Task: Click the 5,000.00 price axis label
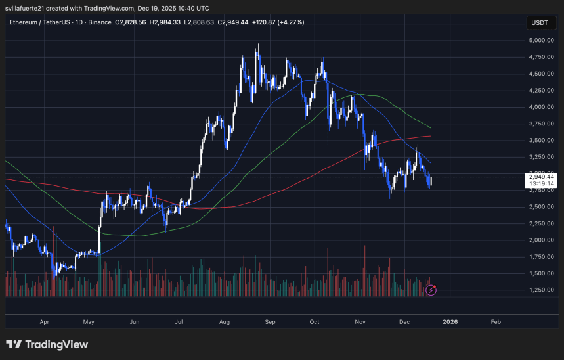(x=542, y=41)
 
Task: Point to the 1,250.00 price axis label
(x=542, y=290)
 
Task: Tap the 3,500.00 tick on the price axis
(x=542, y=141)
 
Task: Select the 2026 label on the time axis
(x=450, y=322)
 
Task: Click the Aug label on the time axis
(x=225, y=322)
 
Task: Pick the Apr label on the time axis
(x=45, y=322)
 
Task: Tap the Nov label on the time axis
(x=360, y=322)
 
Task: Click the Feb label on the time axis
(x=496, y=322)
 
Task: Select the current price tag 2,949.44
(x=541, y=177)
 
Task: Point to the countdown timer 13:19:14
(x=541, y=184)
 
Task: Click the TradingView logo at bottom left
(x=47, y=344)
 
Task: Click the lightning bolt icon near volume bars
(x=431, y=289)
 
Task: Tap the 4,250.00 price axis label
(x=542, y=91)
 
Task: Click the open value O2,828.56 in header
(x=131, y=22)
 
